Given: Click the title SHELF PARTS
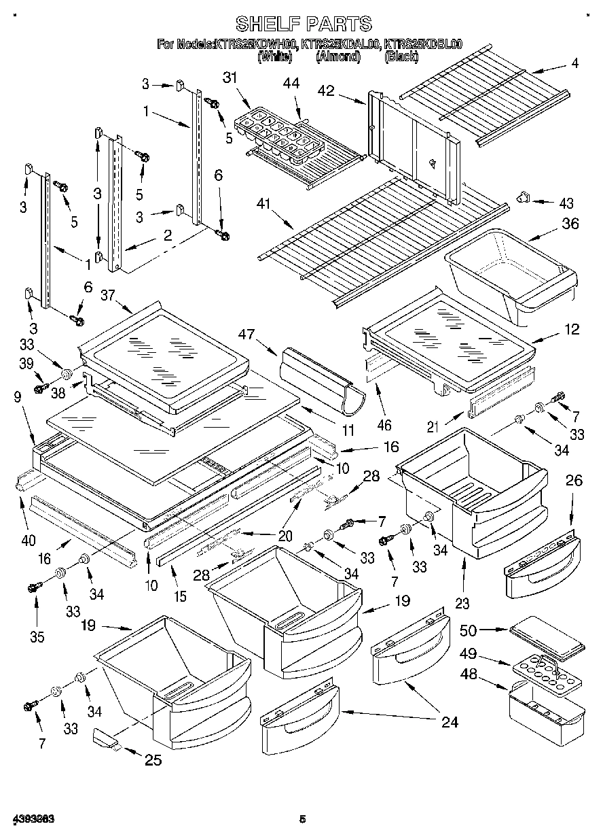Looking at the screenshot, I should (x=304, y=24).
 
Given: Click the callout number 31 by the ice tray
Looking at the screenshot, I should (x=231, y=78).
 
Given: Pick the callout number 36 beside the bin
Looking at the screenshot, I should (x=570, y=222).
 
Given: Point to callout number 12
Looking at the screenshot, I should (x=572, y=329).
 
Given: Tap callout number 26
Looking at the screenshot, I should (x=574, y=481).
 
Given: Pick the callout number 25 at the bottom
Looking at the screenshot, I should (x=153, y=759).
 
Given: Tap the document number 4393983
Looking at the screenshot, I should (x=33, y=819).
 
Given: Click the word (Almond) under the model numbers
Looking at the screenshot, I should (x=337, y=57).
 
